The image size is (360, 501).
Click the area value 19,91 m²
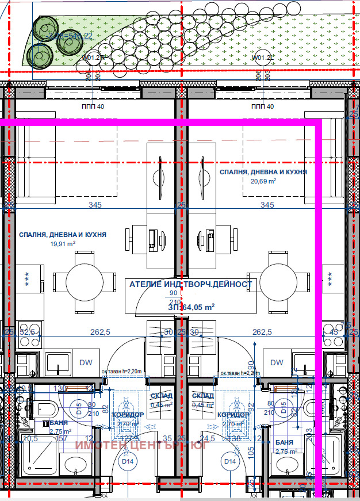tap(63, 243)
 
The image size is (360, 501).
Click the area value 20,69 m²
tap(263, 181)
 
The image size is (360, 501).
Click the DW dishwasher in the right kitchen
tap(277, 362)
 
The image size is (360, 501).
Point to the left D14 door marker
tap(127, 461)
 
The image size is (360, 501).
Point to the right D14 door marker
tap(230, 461)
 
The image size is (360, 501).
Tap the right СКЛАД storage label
tap(203, 396)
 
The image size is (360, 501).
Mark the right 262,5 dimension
tap(262, 332)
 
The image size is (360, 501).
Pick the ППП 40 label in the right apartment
tap(263, 106)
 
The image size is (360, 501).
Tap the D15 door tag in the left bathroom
tap(79, 408)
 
